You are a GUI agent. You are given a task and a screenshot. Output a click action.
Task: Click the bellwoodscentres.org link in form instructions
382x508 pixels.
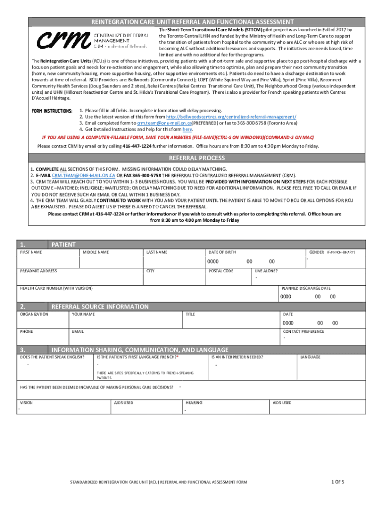tap(231, 117)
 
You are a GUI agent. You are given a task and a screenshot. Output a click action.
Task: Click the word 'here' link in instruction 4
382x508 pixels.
tap(187, 129)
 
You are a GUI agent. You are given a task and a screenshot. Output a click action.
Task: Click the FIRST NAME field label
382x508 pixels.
tap(31, 253)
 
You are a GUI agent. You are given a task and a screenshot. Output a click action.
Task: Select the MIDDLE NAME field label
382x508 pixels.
tap(96, 253)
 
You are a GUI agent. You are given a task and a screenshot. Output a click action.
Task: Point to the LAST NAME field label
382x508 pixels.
tap(157, 253)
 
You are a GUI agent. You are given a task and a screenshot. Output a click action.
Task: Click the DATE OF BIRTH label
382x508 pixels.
tap(222, 253)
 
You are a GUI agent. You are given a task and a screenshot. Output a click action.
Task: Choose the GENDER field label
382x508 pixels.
tap(317, 253)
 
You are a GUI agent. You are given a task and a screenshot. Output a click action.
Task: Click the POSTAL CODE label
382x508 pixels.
tap(221, 271)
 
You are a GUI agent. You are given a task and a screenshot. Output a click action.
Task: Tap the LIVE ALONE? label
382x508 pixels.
tap(266, 271)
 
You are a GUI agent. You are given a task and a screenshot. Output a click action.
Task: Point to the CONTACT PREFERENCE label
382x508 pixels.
tap(303, 331)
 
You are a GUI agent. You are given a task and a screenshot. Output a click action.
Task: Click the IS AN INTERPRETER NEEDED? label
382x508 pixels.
tap(237, 357)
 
